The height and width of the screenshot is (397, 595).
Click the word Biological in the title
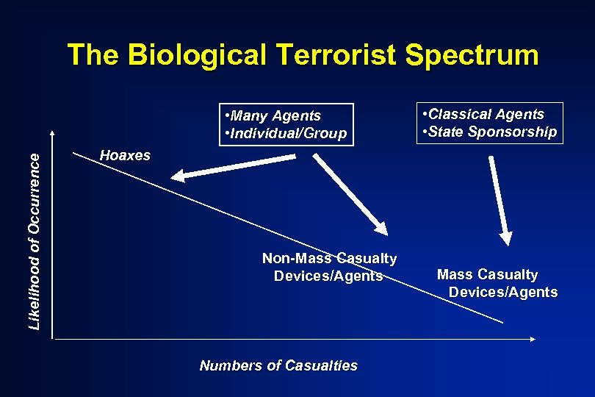(198, 55)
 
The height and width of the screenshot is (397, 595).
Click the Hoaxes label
(125, 156)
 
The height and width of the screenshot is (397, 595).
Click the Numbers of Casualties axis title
(278, 365)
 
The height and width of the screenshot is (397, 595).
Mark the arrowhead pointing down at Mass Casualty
(506, 237)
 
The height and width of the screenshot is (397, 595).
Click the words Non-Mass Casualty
(329, 259)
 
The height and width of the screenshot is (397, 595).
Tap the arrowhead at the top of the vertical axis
(52, 133)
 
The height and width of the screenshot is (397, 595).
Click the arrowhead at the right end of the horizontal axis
(534, 339)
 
